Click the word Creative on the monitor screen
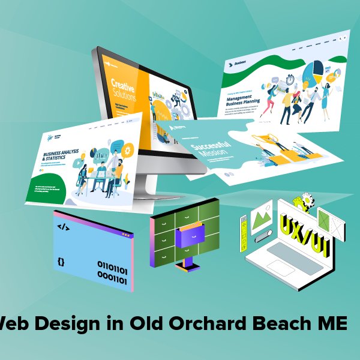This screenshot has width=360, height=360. tap(123, 85)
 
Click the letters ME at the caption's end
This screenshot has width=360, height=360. tap(333, 325)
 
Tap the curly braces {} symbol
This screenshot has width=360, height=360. tap(61, 262)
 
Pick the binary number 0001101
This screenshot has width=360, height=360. tap(112, 279)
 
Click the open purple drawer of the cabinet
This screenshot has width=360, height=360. tap(190, 236)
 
